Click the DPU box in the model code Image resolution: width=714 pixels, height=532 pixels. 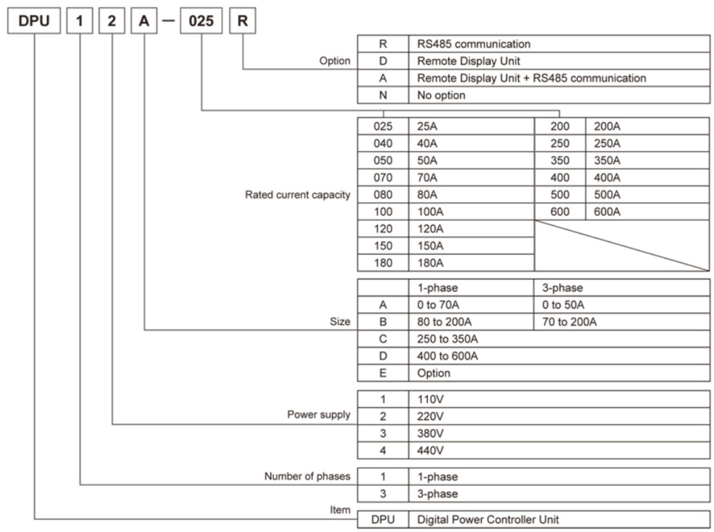(34, 21)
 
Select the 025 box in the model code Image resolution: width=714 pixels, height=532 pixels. (201, 21)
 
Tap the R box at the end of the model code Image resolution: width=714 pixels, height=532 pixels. (242, 21)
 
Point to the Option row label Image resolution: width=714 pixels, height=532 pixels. (335, 61)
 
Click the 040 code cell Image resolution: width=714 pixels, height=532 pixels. (383, 143)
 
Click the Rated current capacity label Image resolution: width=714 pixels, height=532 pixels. (297, 195)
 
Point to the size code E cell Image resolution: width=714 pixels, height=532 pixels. (383, 373)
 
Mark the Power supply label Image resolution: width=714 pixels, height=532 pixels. (318, 414)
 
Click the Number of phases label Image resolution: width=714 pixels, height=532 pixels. (307, 476)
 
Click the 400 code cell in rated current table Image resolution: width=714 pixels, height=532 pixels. (560, 178)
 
